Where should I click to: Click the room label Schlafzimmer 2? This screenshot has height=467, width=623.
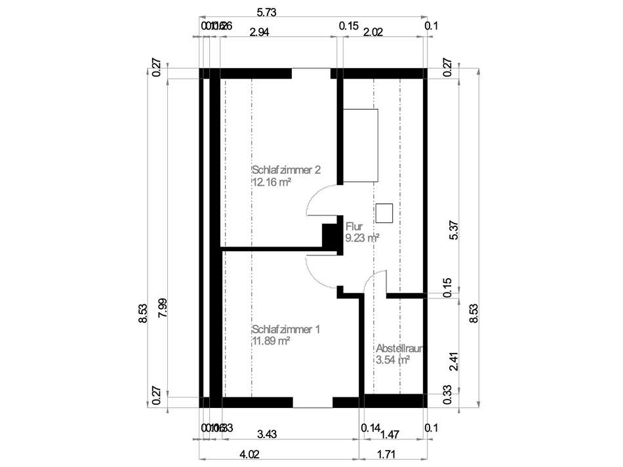(x=286, y=170)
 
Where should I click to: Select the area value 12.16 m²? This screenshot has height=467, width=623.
(x=271, y=182)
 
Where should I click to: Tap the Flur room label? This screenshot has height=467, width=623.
(x=354, y=227)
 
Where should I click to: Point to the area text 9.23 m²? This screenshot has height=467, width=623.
(x=363, y=239)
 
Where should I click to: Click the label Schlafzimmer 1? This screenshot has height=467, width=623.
(x=285, y=329)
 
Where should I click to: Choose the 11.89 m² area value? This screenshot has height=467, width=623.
(x=271, y=341)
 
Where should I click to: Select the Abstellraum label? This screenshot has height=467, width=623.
(x=399, y=348)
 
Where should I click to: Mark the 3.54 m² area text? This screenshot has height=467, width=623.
(x=393, y=360)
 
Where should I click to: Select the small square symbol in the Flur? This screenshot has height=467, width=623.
(x=384, y=213)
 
